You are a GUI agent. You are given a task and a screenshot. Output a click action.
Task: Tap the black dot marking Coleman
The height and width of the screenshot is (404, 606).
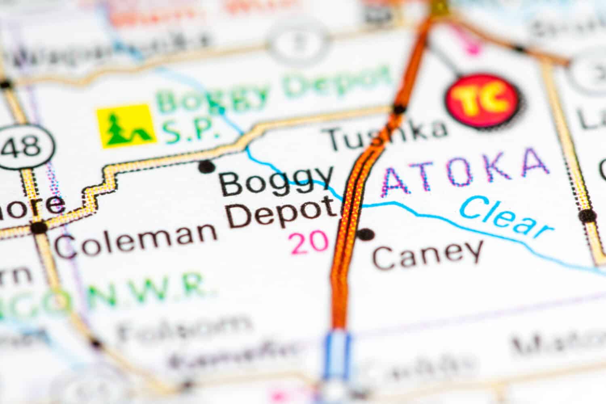(x=39, y=227)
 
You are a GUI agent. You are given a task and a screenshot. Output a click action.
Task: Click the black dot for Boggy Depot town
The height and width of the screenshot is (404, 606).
(x=206, y=166)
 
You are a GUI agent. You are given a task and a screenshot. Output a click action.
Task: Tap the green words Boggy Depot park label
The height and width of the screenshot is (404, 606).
(x=275, y=91)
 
